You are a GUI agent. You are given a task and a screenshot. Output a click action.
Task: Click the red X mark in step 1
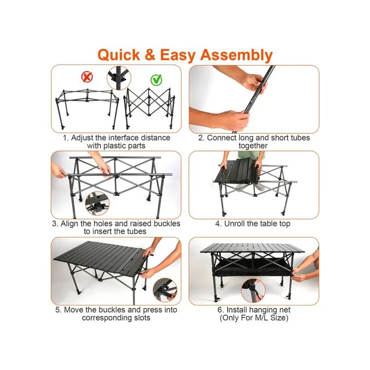[x=87, y=77]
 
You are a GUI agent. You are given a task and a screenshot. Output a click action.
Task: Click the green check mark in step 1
[x=156, y=80]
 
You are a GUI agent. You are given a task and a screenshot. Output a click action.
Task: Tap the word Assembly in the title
[x=236, y=55]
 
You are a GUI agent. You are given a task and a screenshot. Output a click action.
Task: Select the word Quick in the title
[x=119, y=55]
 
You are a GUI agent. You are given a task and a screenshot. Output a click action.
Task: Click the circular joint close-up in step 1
[x=119, y=78]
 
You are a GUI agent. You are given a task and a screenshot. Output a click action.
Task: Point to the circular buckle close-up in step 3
[x=97, y=203]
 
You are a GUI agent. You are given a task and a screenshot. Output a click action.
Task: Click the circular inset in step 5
[x=165, y=290]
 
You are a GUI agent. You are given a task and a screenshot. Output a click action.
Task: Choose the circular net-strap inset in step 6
[x=253, y=291]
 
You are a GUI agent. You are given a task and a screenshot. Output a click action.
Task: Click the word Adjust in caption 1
[x=81, y=138]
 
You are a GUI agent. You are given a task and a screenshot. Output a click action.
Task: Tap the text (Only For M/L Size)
[x=254, y=318]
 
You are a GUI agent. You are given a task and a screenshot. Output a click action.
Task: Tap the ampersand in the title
[x=150, y=55]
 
